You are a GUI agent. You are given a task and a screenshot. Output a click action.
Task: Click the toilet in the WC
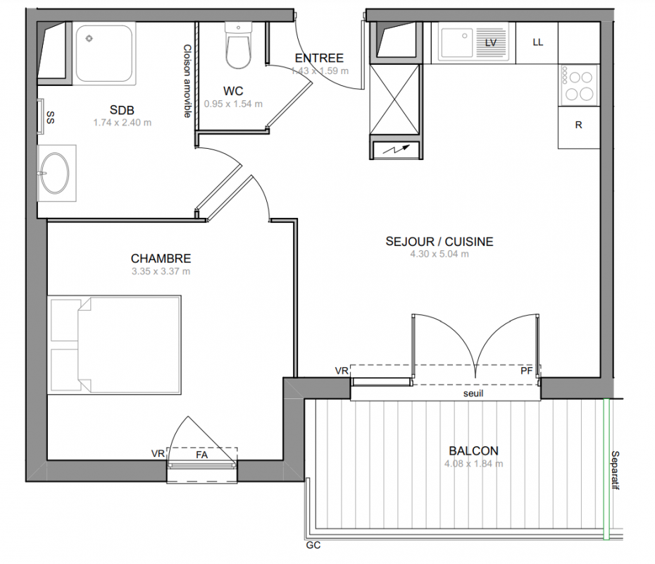[239, 45]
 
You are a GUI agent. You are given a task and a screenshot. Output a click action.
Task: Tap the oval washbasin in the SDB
[55, 173]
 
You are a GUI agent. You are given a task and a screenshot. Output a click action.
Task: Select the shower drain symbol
[89, 39]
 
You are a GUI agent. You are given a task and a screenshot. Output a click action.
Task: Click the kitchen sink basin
[456, 42]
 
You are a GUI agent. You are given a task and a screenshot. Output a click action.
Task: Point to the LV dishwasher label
[491, 42]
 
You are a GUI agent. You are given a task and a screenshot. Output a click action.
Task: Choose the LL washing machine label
[537, 42]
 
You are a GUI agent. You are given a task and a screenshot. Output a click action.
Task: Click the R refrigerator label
[578, 125]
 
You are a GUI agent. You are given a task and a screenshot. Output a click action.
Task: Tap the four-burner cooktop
[579, 85]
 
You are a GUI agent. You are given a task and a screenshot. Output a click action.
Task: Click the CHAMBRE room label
[161, 258]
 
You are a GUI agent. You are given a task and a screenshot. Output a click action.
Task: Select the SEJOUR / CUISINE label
[439, 242]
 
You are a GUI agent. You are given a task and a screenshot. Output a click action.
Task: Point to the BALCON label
[474, 450]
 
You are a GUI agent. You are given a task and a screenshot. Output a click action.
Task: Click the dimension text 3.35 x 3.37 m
[161, 271]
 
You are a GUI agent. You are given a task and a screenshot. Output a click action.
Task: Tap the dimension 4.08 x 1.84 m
[474, 464]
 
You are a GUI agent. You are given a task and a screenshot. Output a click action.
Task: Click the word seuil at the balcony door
[473, 393]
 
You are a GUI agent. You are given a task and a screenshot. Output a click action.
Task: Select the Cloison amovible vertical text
[187, 81]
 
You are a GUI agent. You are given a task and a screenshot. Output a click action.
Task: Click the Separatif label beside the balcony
[615, 470]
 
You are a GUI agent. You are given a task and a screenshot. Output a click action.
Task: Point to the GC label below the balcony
[313, 545]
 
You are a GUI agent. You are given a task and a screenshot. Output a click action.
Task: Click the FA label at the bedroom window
[201, 455]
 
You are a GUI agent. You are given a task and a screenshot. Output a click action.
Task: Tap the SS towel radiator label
[50, 117]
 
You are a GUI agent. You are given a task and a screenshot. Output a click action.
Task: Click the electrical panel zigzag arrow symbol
[395, 149]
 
